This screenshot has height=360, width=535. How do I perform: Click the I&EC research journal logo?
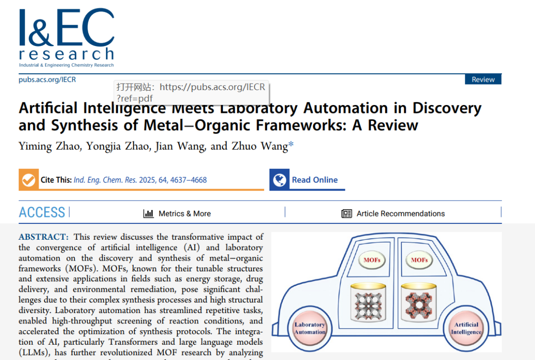pos(66,38)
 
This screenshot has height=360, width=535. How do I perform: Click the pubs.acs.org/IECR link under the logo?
pos(47,79)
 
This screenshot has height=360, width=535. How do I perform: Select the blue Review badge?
pos(483,79)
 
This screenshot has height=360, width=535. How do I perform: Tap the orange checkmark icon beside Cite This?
pos(29,180)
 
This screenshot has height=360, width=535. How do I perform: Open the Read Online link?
pos(315,180)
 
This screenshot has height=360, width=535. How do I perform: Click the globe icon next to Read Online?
pos(280,180)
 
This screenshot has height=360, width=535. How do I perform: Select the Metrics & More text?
pos(184,213)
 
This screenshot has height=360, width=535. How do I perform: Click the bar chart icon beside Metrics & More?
pos(148,213)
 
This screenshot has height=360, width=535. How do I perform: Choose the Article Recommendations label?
pos(400,213)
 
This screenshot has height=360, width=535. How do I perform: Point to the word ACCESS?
pos(42,212)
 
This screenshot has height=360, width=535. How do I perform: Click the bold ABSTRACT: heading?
pos(44,237)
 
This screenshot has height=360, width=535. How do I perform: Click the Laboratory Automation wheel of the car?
pos(310,328)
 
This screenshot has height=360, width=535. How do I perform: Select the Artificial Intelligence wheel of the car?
pos(466,328)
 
